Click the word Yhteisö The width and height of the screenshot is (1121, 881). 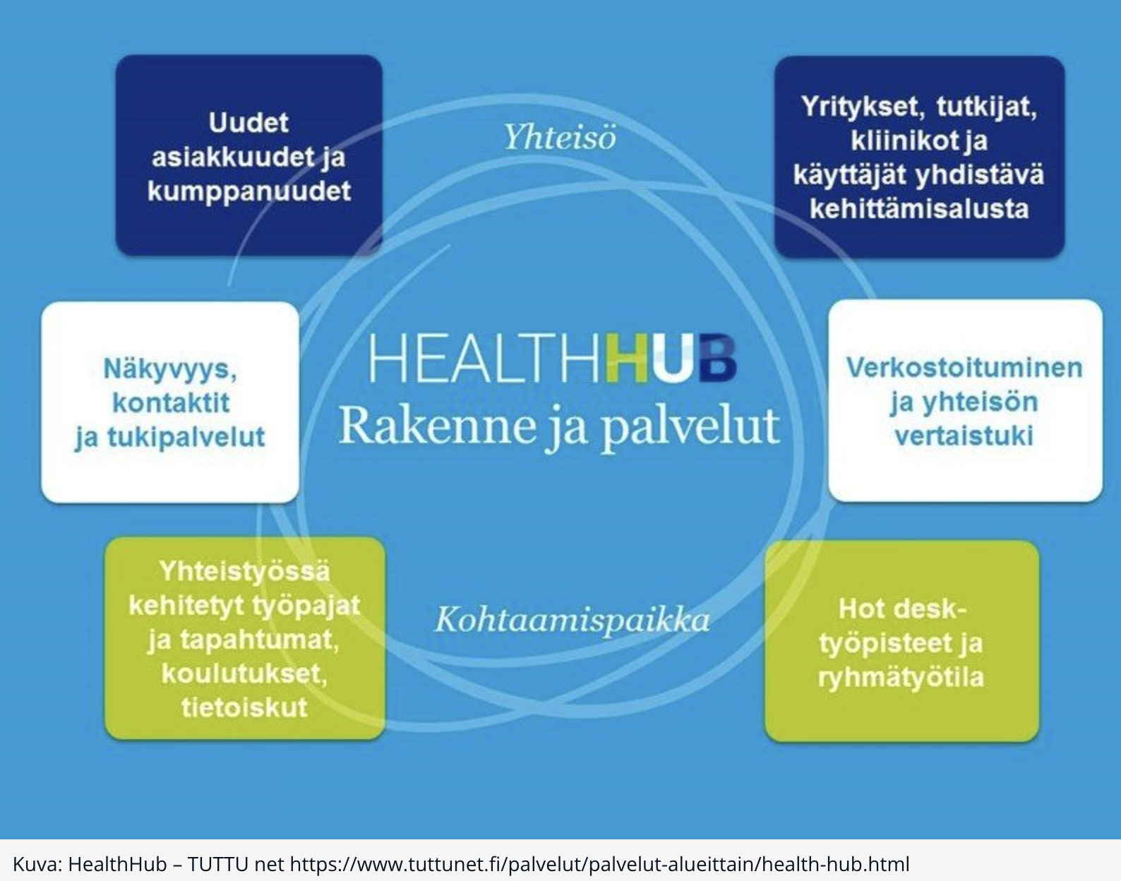(x=559, y=136)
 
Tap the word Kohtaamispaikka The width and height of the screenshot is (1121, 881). (x=572, y=620)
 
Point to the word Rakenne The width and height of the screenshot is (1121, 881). (x=438, y=426)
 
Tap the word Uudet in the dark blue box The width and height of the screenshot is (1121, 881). (x=248, y=123)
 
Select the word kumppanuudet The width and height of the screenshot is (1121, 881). (x=248, y=191)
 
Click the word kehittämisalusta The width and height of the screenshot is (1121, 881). (x=918, y=209)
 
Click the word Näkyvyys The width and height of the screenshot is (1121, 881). (x=170, y=368)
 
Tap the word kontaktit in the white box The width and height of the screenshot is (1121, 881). (x=171, y=403)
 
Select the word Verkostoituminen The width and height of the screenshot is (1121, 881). (x=964, y=367)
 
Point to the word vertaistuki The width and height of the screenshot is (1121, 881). (x=964, y=436)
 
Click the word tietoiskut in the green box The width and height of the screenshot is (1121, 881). (x=244, y=707)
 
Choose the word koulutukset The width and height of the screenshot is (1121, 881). (x=244, y=673)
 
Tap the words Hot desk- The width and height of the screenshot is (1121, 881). (x=901, y=609)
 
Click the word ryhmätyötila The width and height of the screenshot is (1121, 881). (x=901, y=677)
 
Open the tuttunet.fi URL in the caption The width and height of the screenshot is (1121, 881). (x=599, y=864)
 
